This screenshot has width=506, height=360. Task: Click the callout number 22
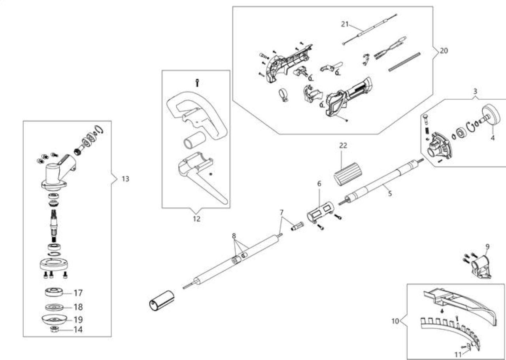tap(343, 146)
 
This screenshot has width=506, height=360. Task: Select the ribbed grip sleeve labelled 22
tap(348, 174)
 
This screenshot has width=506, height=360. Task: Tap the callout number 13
tap(126, 179)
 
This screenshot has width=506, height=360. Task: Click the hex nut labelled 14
tap(55, 330)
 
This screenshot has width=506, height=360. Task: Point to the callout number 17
tap(78, 293)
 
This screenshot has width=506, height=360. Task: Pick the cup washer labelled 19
tap(55, 319)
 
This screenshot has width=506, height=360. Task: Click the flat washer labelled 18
tap(55, 307)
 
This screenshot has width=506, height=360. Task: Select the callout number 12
tap(196, 219)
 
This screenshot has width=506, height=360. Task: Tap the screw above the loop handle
tap(197, 83)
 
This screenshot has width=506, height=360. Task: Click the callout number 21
tap(345, 24)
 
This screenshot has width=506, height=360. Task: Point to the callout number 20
tap(444, 51)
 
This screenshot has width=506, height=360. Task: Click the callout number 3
tap(475, 92)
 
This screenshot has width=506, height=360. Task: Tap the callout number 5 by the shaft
tap(390, 194)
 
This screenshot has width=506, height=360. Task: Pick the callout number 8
tap(234, 236)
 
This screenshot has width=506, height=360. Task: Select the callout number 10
tap(395, 321)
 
